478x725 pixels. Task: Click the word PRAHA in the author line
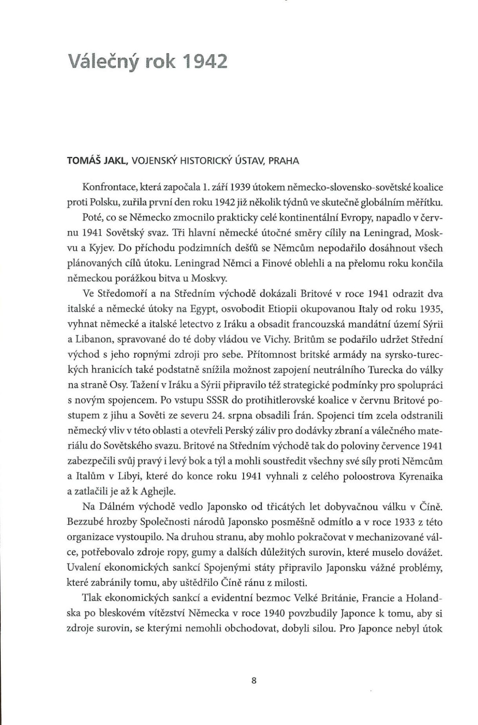284,161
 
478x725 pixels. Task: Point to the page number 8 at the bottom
254,681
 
